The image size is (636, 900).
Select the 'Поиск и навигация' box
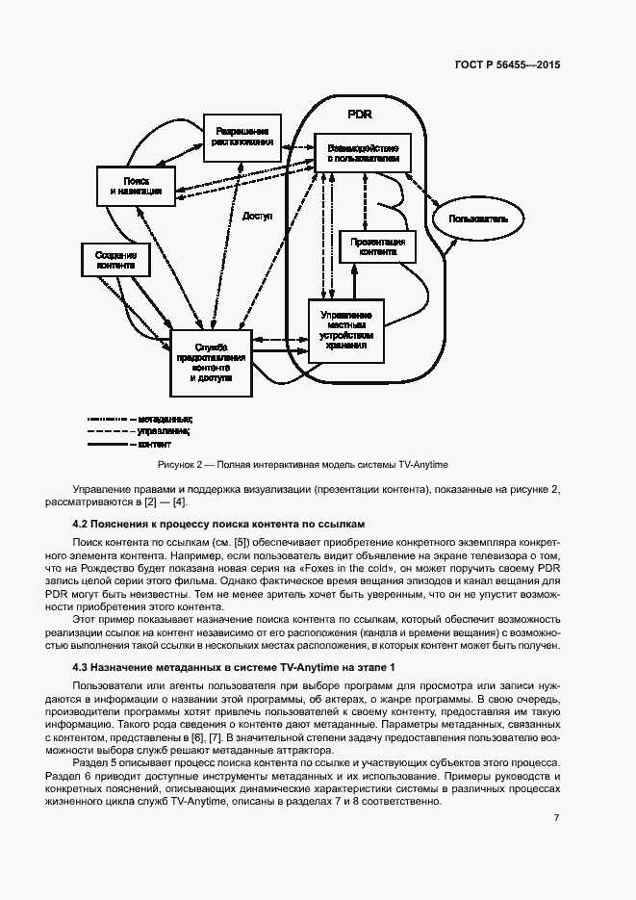[136, 186]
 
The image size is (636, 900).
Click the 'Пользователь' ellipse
[477, 219]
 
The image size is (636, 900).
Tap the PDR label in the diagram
[360, 115]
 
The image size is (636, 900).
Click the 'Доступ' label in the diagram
[258, 217]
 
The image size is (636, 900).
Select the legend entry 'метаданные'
[165, 420]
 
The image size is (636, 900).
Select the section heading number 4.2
[82, 523]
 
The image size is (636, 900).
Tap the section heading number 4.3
[82, 667]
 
